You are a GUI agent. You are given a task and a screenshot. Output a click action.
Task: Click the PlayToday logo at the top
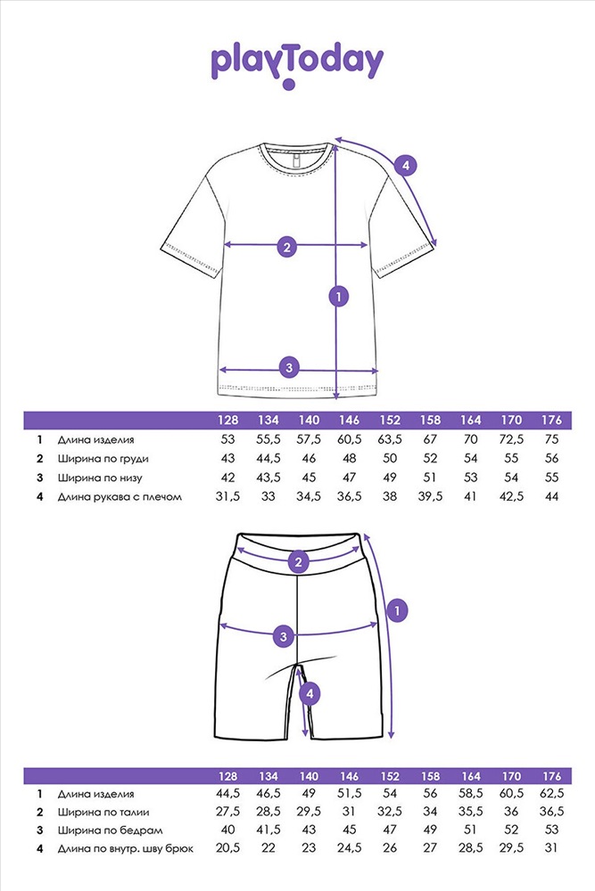(x=297, y=63)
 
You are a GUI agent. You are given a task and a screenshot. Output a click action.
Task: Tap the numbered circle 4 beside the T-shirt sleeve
(x=405, y=165)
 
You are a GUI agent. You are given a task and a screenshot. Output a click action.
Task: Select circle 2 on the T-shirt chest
(x=286, y=247)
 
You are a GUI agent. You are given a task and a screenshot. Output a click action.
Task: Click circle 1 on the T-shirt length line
(x=337, y=296)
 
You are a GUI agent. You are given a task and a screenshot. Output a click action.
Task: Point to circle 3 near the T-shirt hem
(x=288, y=366)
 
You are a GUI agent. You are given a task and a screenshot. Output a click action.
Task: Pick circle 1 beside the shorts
(x=398, y=609)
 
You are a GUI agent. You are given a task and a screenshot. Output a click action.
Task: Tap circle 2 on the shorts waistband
(x=300, y=561)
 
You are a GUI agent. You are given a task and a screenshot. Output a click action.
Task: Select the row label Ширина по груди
(x=103, y=458)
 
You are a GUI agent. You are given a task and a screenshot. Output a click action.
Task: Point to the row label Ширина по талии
(x=103, y=812)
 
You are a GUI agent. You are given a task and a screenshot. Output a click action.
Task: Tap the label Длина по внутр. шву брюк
(x=125, y=849)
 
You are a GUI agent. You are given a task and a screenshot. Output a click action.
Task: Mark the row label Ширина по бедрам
(x=105, y=830)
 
